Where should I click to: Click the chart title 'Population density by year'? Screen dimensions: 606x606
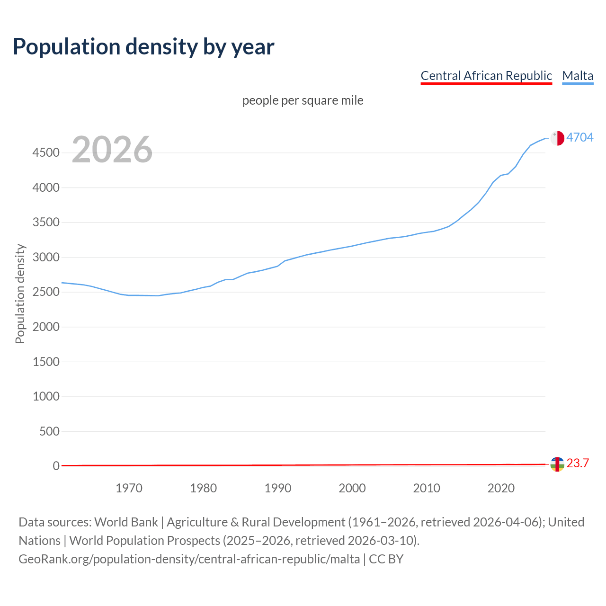point(143,47)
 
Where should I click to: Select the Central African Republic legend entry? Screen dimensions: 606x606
point(486,76)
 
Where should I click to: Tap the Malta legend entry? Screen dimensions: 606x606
point(578,76)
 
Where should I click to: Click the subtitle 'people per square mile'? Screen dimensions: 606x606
point(303,101)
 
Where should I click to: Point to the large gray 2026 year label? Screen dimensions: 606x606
point(112,150)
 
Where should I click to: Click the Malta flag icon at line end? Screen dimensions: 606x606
point(557,138)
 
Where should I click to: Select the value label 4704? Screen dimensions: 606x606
point(580,137)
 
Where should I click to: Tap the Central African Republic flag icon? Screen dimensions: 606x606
point(557,464)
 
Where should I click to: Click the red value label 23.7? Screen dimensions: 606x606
point(578,463)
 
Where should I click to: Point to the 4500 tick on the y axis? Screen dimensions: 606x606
point(46,153)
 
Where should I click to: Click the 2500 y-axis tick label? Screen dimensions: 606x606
point(46,292)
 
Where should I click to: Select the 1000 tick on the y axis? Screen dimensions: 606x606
point(46,397)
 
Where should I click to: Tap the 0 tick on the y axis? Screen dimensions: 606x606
point(56,466)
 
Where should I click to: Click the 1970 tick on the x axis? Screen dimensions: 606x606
point(129,488)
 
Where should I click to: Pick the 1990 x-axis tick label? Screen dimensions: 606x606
point(278,488)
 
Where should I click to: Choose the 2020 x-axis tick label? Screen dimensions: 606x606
point(501,488)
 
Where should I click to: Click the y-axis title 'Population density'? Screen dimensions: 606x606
point(20,294)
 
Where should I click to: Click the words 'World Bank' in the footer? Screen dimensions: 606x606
point(126,522)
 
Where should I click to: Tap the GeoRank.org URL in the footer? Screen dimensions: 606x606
point(189,559)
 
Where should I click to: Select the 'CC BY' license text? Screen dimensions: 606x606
point(386,559)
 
